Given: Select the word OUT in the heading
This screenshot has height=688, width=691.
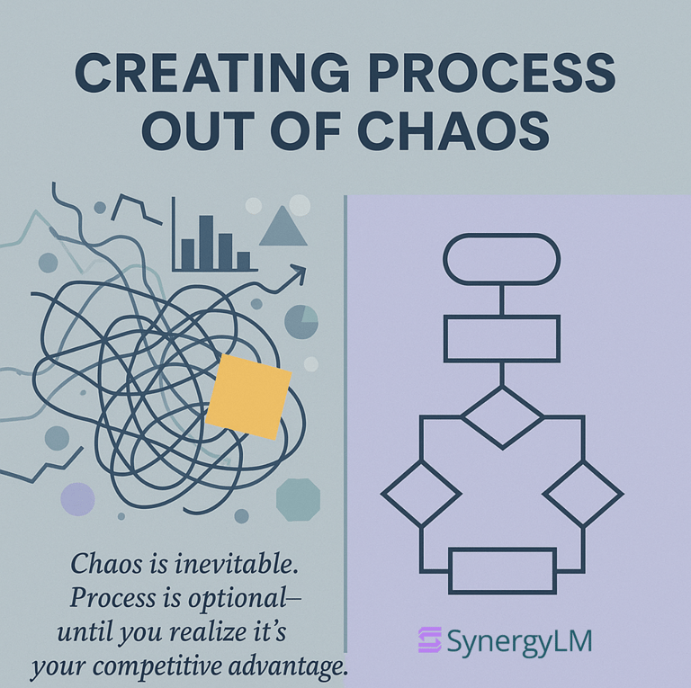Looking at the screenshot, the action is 192,132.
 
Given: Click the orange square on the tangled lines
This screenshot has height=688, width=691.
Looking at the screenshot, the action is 248,397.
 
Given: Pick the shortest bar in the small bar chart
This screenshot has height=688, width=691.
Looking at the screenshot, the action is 243,260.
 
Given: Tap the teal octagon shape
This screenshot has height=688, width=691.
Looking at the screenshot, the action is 298,499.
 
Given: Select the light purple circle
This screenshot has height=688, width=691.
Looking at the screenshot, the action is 77,499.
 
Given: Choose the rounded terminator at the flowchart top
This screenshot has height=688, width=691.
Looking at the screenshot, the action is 502,256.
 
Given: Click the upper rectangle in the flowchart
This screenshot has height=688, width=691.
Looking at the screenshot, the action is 502,338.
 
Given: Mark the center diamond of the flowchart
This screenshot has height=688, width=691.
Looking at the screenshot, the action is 502,416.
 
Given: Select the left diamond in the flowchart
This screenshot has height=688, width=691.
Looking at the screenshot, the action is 421,493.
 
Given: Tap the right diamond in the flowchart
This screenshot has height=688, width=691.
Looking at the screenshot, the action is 583,493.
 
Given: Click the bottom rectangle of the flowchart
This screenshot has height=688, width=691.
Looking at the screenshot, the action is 502,570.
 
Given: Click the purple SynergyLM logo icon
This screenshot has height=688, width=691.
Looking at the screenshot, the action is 429,640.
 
